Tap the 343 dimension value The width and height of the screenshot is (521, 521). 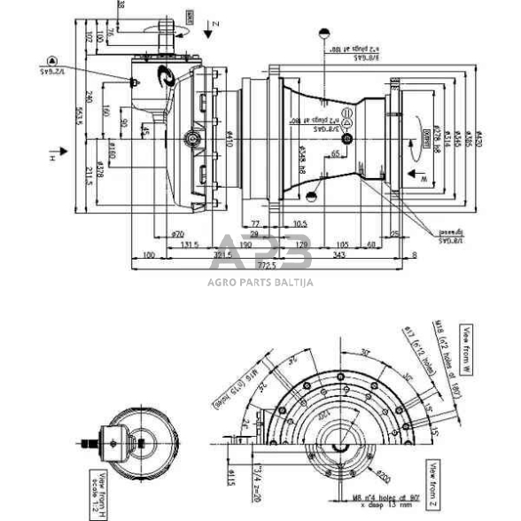coord(339,255)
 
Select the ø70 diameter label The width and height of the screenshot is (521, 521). coord(177,234)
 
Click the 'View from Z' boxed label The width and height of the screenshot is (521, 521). coord(434,479)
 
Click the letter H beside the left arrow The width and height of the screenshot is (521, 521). coord(52,158)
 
